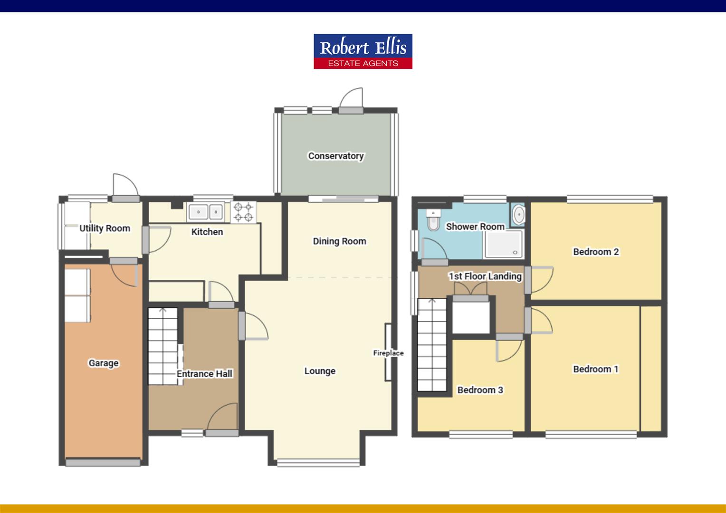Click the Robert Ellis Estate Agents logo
click(x=363, y=51)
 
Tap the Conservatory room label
click(x=336, y=156)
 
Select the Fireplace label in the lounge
click(x=388, y=353)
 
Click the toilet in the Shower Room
click(x=433, y=221)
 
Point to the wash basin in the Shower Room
click(x=518, y=215)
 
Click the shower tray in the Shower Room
click(x=503, y=245)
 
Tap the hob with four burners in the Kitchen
click(x=243, y=212)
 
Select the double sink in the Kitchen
click(x=206, y=211)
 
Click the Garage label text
click(x=104, y=363)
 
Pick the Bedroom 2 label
click(x=596, y=252)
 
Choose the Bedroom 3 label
click(x=480, y=390)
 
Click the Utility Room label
click(x=105, y=228)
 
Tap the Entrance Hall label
click(x=204, y=374)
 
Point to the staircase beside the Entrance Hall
click(x=163, y=347)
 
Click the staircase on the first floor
click(x=432, y=344)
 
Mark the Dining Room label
click(x=339, y=241)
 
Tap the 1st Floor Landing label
click(x=485, y=276)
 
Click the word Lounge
click(x=320, y=371)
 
